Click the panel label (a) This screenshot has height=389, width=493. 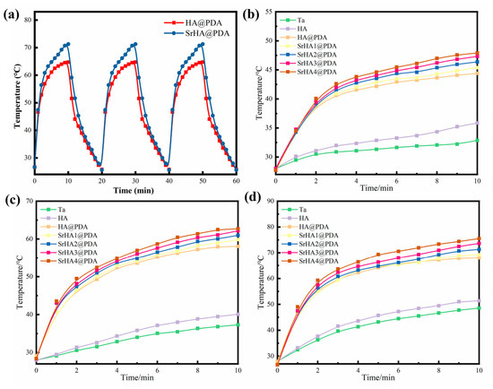point(11,14)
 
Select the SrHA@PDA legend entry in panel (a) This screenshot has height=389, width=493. point(197,33)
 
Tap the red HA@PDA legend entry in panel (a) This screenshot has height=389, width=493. point(193,23)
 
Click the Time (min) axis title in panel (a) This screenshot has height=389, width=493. point(134,190)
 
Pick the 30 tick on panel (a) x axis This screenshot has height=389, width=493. point(135,181)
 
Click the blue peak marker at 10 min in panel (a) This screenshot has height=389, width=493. point(68,44)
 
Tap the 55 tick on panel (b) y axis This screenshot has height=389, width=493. point(270,12)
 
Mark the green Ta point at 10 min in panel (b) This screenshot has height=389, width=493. point(477,140)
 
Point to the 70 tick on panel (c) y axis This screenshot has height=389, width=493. point(30,201)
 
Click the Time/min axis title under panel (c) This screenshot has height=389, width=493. point(138,377)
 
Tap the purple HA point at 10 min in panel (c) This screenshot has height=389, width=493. point(238,314)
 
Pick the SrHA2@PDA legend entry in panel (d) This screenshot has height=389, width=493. point(310,244)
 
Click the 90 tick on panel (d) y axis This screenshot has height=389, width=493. point(270,201)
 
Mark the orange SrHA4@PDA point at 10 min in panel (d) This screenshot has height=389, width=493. point(479,238)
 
